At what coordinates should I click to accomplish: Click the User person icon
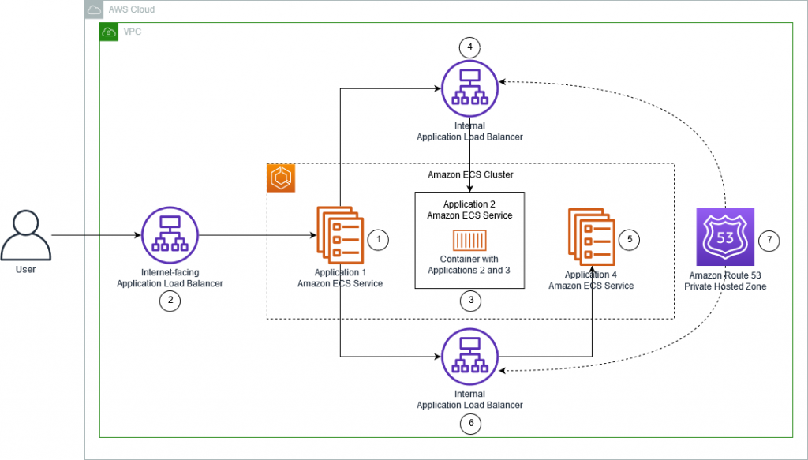[26, 235]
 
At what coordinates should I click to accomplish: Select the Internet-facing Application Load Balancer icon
[170, 235]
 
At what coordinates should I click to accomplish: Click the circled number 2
[170, 300]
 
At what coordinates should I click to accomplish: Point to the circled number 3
[470, 300]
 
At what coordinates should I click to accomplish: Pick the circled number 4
[470, 47]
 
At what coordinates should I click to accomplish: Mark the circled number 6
[470, 424]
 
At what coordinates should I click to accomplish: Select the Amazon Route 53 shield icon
[725, 237]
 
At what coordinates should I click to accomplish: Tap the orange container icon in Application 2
[469, 239]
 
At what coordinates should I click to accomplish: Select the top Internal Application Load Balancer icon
[470, 87]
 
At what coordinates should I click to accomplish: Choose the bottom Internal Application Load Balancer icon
[470, 357]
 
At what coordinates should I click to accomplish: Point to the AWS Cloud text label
[132, 9]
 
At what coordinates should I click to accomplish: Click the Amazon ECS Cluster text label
[470, 174]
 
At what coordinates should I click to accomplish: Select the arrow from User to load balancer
[95, 235]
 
